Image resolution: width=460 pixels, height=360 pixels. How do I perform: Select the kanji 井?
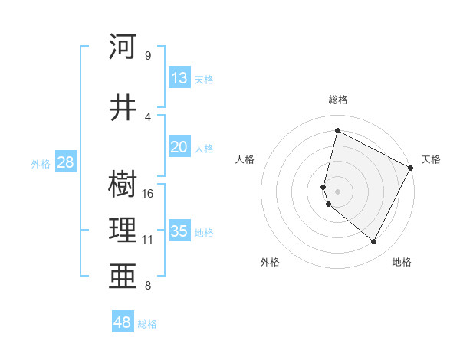click(x=123, y=106)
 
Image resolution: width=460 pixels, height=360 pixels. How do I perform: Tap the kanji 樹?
click(x=123, y=184)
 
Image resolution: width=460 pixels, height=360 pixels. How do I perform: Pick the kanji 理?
click(x=123, y=229)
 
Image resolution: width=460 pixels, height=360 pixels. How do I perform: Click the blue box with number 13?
click(x=179, y=78)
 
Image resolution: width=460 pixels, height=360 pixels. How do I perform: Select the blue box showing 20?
click(x=179, y=147)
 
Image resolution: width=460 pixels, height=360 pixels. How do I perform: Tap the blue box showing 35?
click(x=179, y=231)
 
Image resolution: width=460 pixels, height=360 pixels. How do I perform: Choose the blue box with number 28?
click(x=65, y=162)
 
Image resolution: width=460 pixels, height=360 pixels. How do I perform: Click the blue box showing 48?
click(x=123, y=322)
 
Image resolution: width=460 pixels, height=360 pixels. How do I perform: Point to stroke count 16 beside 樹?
click(x=149, y=193)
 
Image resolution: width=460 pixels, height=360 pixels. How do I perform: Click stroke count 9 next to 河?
click(x=147, y=55)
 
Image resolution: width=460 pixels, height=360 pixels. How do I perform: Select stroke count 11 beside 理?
click(x=148, y=240)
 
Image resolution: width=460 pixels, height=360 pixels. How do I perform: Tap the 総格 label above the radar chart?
click(x=338, y=100)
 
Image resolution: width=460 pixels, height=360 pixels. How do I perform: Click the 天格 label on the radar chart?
click(x=431, y=159)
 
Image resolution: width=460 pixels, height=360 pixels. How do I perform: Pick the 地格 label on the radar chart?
click(x=402, y=263)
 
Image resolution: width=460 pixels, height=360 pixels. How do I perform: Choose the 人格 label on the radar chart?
click(x=245, y=159)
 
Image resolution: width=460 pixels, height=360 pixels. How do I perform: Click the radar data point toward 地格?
click(x=374, y=242)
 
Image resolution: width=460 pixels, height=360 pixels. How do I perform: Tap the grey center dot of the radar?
click(x=338, y=191)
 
